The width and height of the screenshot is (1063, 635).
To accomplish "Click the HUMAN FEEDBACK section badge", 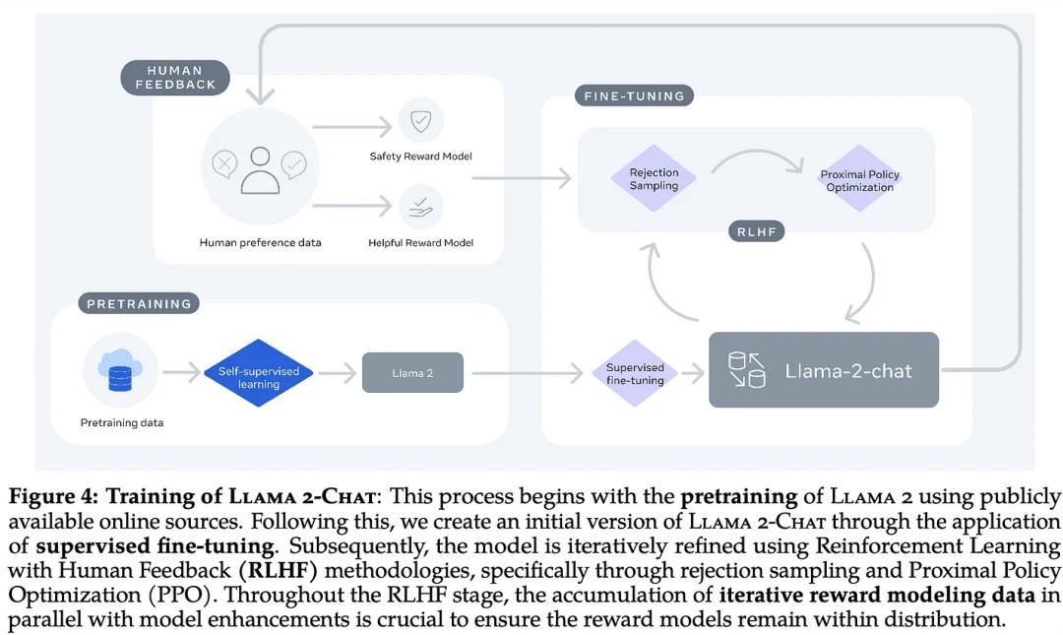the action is (175, 78).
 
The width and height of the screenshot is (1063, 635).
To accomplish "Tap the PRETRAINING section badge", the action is (139, 303).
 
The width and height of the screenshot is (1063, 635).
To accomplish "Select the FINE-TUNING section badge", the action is (635, 95).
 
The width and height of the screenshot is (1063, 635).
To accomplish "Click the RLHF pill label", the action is (757, 231).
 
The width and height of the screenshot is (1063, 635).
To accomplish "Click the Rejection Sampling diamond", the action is (654, 178).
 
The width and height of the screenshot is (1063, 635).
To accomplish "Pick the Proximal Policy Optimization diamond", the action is (859, 179).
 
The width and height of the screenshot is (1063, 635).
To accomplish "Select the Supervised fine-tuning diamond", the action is (635, 373).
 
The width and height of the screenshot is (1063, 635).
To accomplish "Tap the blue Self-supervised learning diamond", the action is (258, 373).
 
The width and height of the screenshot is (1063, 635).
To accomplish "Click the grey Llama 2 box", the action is (412, 372).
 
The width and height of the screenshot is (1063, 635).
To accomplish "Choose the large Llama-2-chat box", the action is (824, 370).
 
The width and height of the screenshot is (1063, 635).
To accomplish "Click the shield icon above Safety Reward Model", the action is (421, 121).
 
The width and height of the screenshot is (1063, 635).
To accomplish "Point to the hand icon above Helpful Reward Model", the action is (421, 207).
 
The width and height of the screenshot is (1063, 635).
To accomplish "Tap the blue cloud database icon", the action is (120, 370).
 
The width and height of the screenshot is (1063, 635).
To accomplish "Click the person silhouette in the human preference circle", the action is (260, 170).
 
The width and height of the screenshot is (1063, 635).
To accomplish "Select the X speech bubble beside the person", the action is (224, 164).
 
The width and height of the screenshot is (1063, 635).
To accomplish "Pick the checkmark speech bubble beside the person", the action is (294, 164).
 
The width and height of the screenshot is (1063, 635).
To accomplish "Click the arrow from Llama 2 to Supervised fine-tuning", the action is (528, 372).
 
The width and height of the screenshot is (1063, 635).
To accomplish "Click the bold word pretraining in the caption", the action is (739, 496).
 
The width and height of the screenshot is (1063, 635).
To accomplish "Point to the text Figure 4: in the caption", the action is (53, 496).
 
